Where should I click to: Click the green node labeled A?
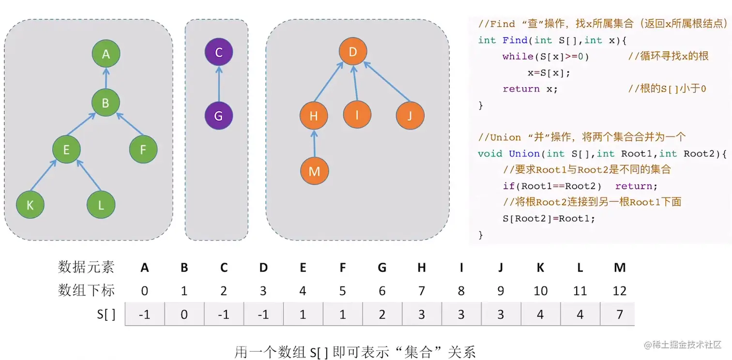[x=106, y=54]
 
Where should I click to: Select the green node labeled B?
[x=106, y=103]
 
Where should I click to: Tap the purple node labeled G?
[x=218, y=116]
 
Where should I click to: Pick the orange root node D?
[x=352, y=51]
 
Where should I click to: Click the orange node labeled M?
[x=314, y=171]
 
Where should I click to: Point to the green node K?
[x=30, y=205]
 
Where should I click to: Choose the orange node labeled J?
[x=410, y=116]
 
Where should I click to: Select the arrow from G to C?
[x=218, y=84]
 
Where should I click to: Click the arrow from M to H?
[x=314, y=144]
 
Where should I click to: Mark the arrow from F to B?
[x=129, y=124]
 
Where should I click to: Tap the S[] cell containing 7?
[x=619, y=315]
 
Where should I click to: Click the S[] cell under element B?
[x=184, y=315]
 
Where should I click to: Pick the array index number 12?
[x=619, y=291]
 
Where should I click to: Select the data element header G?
[x=382, y=267]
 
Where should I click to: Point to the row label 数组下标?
[x=86, y=290]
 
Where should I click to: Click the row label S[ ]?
[x=106, y=315]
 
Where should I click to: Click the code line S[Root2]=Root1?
[x=549, y=218]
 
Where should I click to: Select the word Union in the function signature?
[x=524, y=154]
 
